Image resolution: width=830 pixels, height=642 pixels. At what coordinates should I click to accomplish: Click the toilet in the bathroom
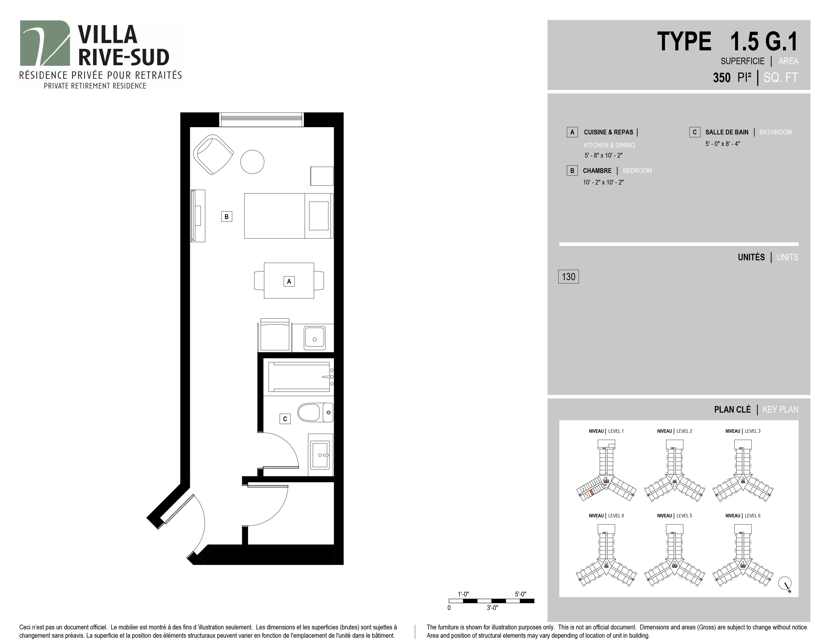click(x=315, y=412)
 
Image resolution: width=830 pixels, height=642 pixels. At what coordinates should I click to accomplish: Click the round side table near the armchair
click(x=252, y=162)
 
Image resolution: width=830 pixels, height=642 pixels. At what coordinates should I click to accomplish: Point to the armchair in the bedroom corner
click(x=213, y=154)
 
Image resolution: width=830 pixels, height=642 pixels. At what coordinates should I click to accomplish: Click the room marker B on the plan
click(x=227, y=217)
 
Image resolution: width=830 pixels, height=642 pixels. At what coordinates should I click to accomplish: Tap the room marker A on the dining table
click(x=289, y=281)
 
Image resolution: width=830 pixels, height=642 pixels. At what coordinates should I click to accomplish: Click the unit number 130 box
click(x=568, y=276)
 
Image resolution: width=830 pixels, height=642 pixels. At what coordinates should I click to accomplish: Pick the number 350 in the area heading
click(x=722, y=78)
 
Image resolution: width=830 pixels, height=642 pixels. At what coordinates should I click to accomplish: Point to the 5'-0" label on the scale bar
click(x=521, y=594)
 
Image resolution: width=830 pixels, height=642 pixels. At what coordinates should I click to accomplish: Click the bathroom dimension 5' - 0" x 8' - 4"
click(x=722, y=144)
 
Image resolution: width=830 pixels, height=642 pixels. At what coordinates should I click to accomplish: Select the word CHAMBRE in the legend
click(x=597, y=171)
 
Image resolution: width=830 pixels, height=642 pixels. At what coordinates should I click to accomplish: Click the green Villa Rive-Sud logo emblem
click(x=45, y=43)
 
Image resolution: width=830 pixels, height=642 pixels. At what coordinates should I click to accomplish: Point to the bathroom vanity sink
click(x=321, y=455)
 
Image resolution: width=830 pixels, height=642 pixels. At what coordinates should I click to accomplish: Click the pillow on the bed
click(x=318, y=216)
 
